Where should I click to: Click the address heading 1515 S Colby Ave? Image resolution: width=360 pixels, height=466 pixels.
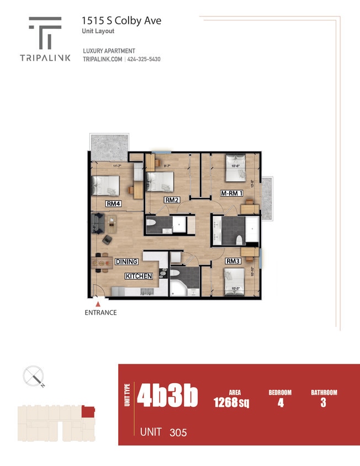point(121,21)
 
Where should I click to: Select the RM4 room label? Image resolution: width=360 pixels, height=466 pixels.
point(114,203)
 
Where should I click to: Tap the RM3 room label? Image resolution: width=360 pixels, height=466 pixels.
point(232,261)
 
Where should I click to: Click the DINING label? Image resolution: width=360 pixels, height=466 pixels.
point(126,261)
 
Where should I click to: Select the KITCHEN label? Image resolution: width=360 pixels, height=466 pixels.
point(139,276)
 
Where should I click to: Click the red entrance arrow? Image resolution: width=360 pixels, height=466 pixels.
point(98,303)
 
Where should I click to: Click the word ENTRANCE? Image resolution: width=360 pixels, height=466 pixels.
point(100,313)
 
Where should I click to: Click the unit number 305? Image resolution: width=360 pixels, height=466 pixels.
point(178,432)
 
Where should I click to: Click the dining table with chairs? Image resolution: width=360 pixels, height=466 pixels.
point(99,263)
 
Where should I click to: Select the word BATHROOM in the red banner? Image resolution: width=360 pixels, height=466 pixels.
point(324,393)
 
